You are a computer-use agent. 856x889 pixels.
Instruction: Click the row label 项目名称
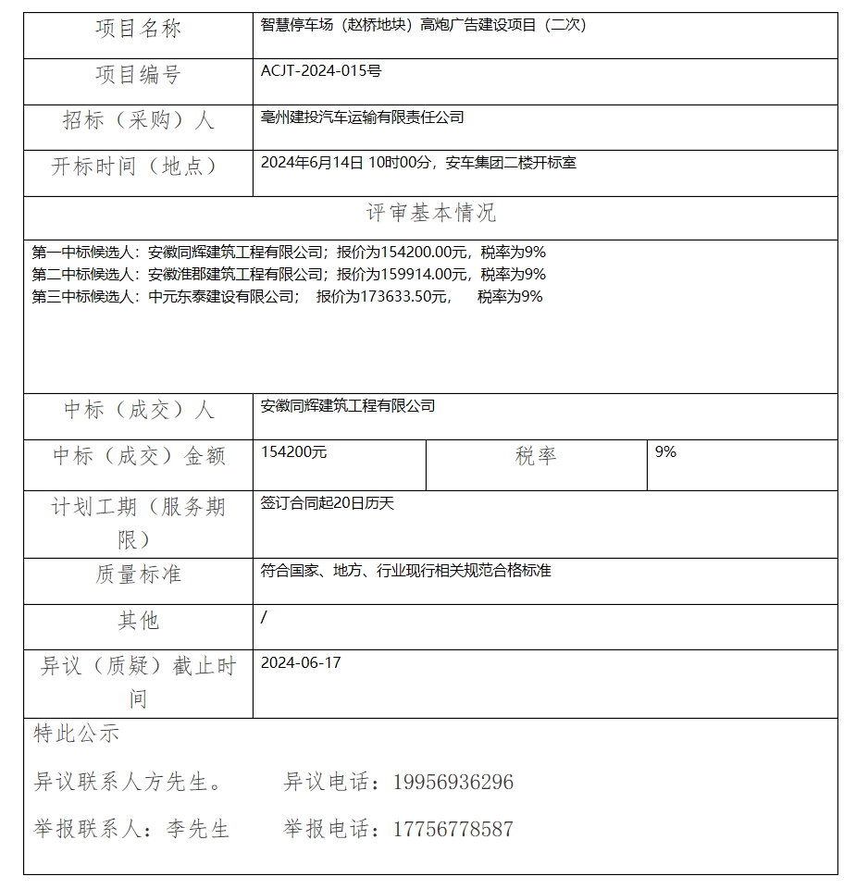(138, 30)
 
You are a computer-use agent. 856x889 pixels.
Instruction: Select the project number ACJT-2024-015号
(321, 70)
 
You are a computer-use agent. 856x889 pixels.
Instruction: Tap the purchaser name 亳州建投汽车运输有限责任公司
(363, 117)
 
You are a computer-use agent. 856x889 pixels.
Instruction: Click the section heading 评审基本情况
(430, 213)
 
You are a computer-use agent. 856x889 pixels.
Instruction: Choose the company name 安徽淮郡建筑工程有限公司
(235, 274)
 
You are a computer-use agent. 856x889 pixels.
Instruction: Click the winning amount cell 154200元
(293, 452)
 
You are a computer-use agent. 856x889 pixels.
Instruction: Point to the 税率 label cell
(536, 456)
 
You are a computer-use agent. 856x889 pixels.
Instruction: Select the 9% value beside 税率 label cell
(665, 452)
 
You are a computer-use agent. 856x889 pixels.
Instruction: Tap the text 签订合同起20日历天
(328, 504)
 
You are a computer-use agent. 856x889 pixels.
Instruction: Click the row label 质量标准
(138, 574)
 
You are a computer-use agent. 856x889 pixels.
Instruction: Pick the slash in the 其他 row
(264, 617)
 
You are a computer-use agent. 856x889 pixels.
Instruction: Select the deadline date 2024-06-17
(301, 663)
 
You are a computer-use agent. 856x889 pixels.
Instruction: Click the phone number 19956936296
(453, 783)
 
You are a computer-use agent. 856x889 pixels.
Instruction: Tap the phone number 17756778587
(453, 829)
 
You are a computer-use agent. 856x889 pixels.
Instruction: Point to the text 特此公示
(77, 735)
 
